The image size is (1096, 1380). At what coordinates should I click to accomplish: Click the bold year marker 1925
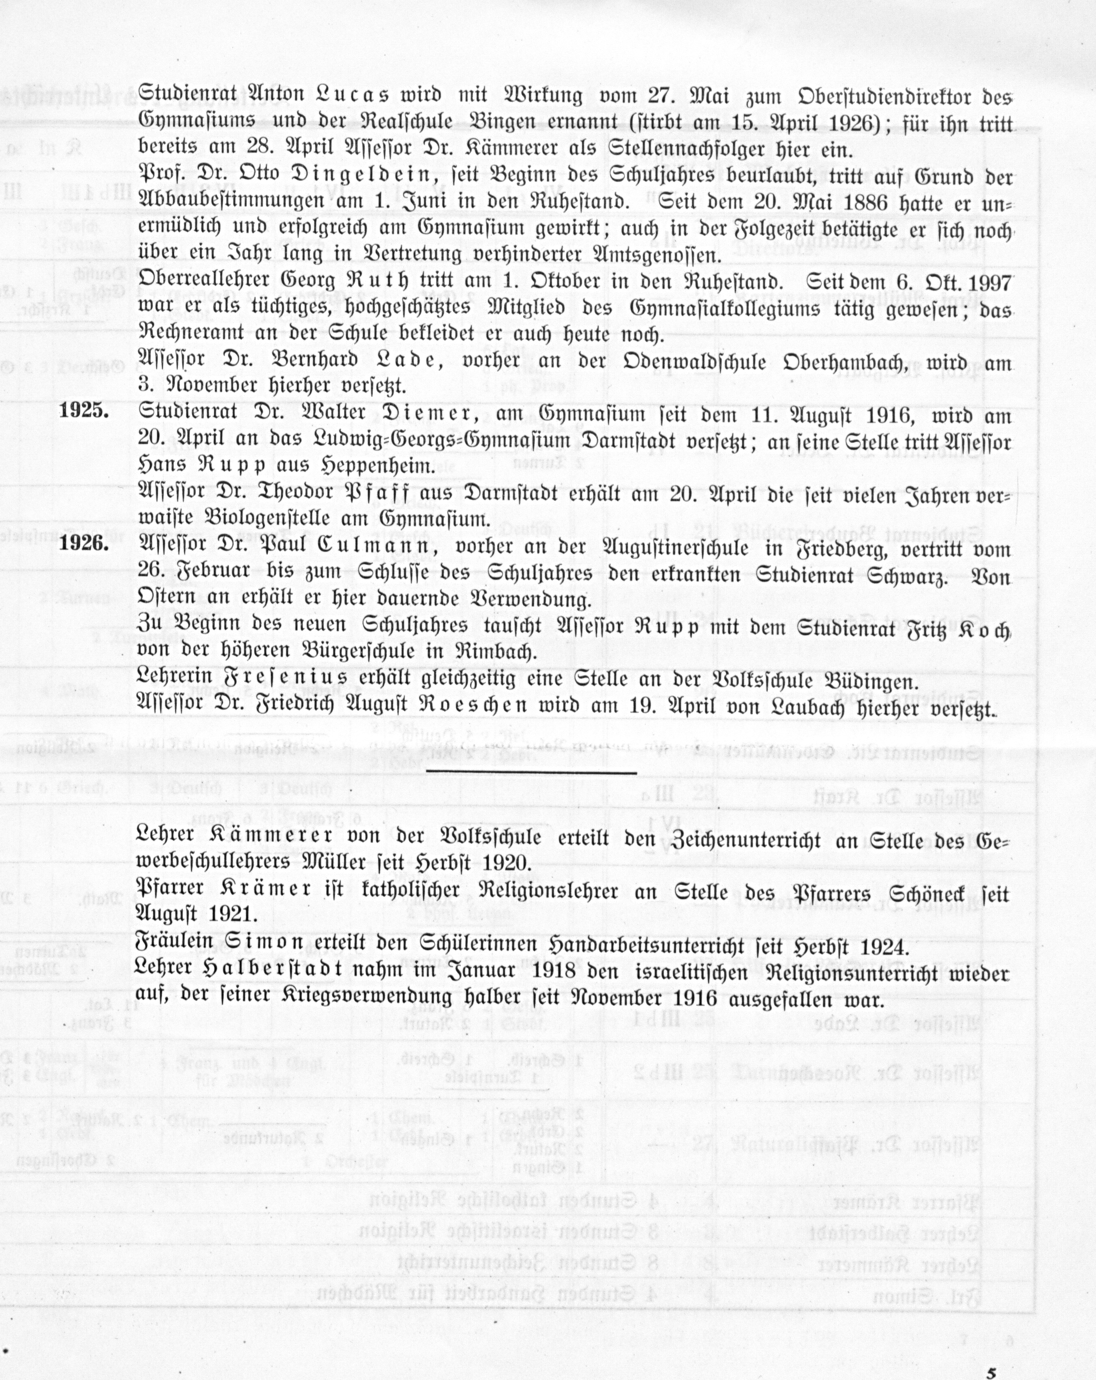pos(84,410)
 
